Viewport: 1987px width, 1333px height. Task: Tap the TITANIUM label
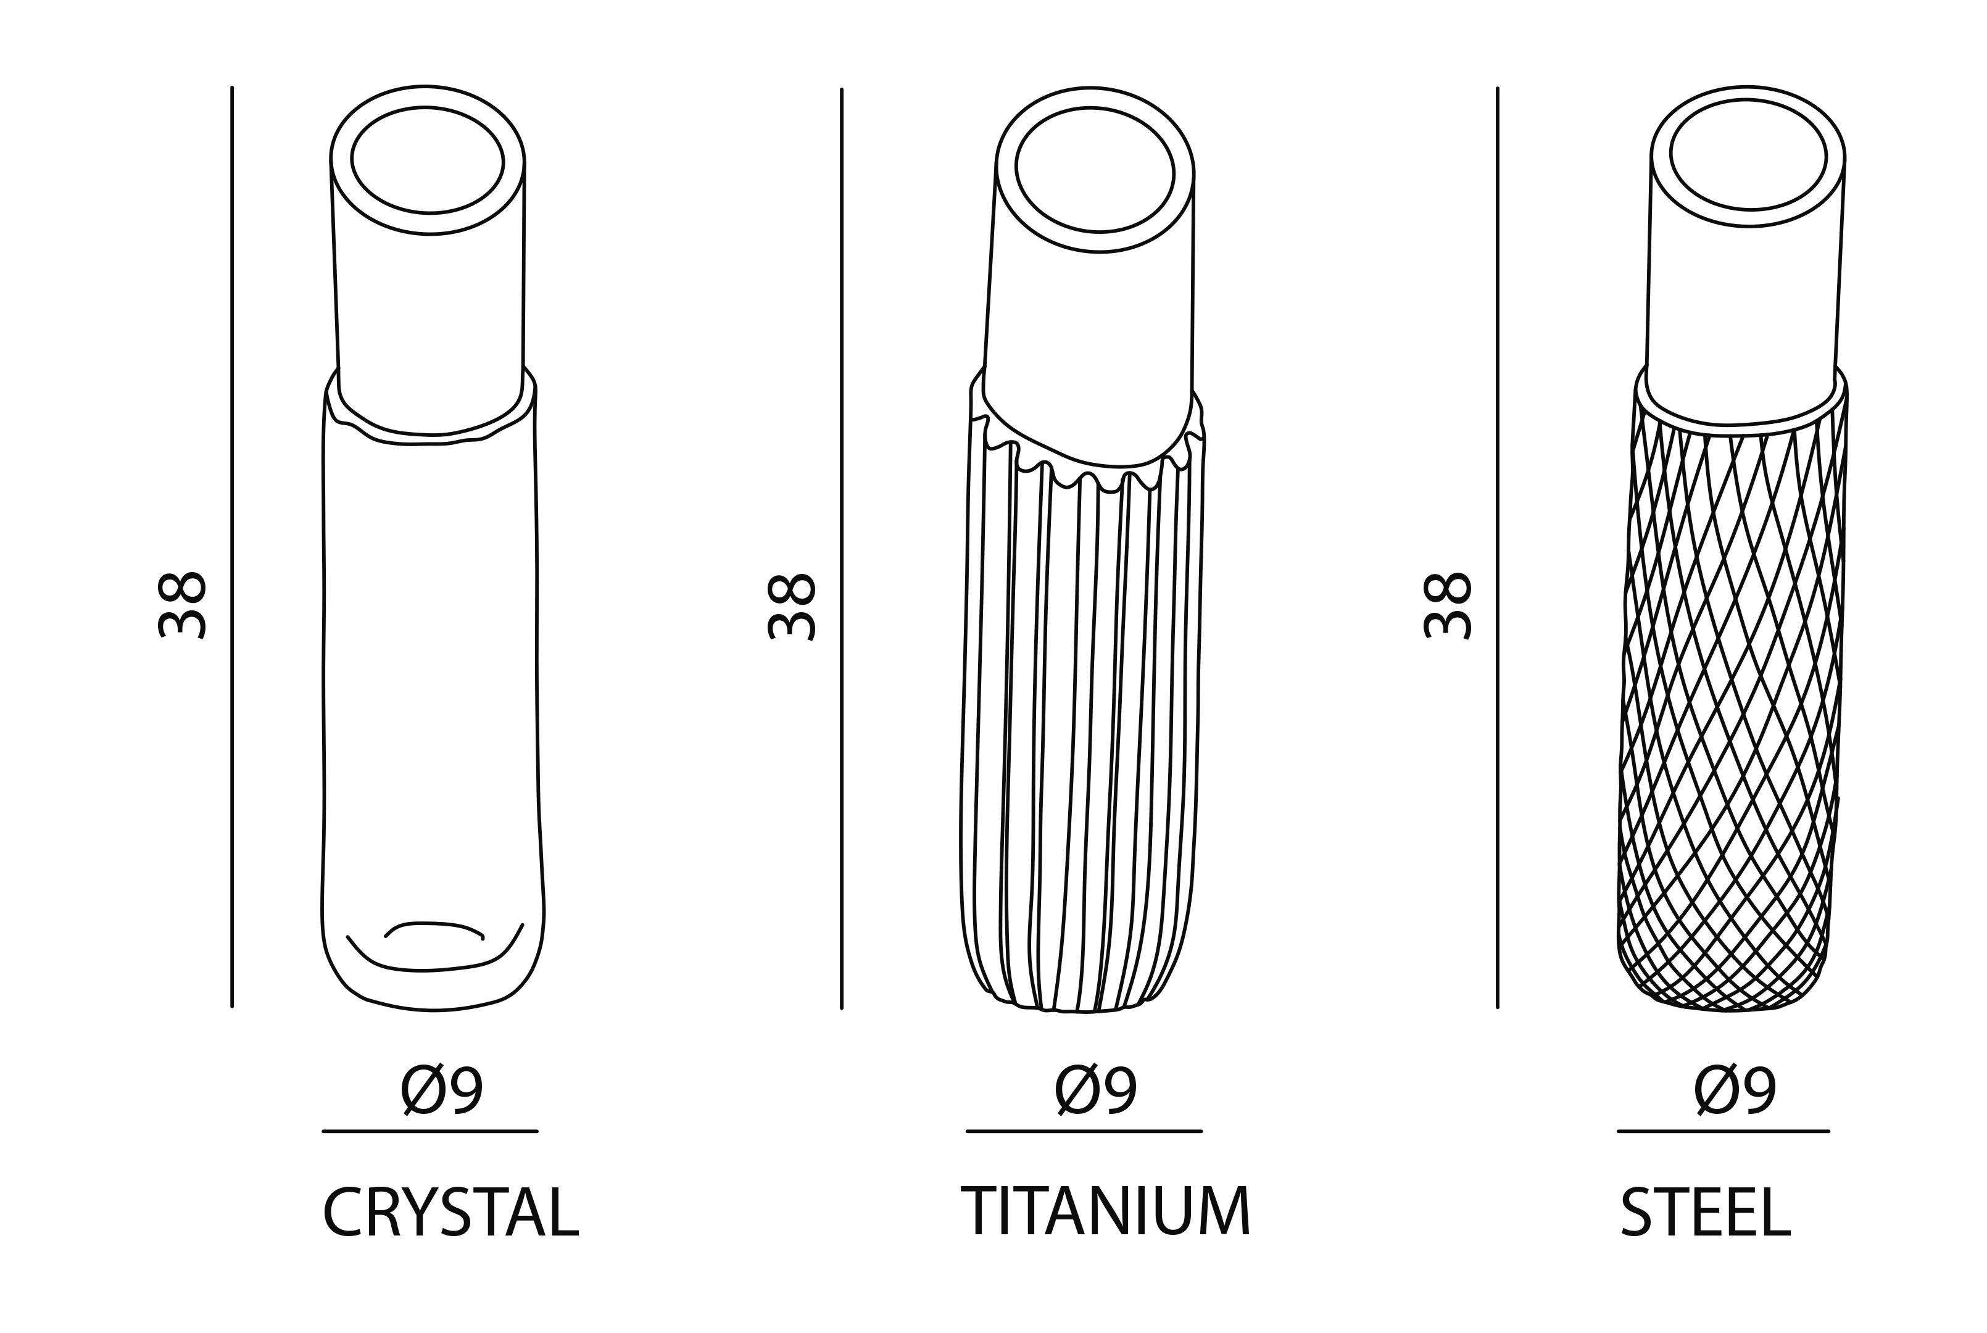click(1106, 1211)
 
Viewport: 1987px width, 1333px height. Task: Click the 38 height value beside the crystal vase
click(182, 604)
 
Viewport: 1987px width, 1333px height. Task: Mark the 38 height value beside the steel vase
click(1447, 604)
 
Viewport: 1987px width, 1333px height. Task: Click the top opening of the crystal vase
click(428, 160)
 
